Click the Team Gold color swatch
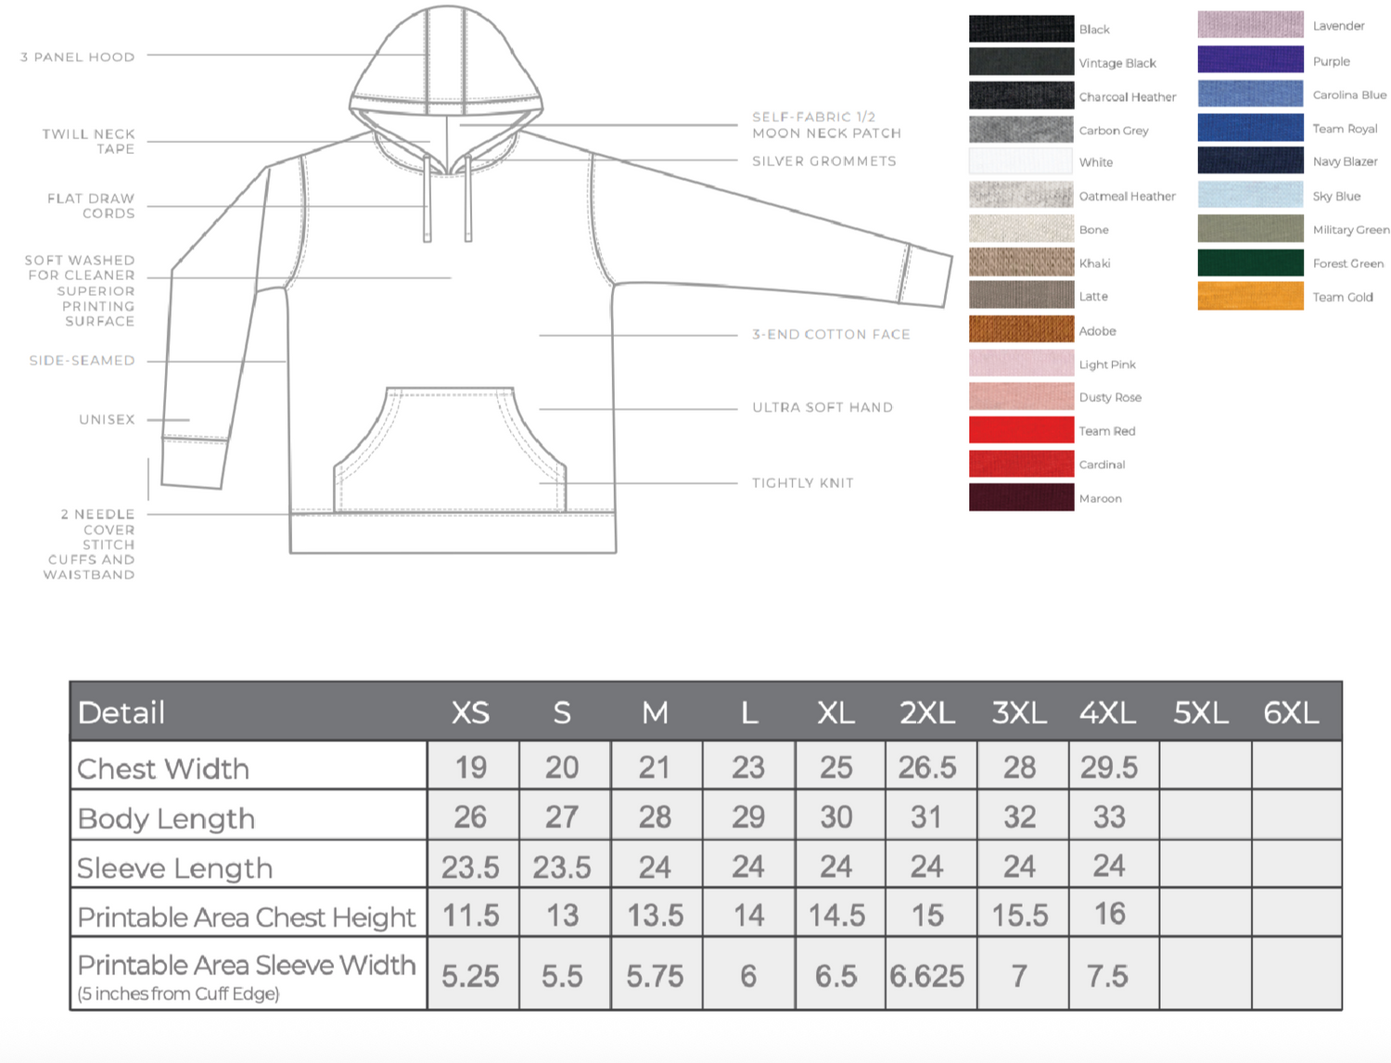(1250, 296)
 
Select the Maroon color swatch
(1021, 497)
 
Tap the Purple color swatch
(1250, 59)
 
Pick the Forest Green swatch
(1250, 263)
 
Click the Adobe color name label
(1097, 331)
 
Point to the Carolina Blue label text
(1349, 96)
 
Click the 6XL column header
(1291, 713)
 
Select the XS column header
(470, 713)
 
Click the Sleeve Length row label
(175, 868)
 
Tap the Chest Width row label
(163, 769)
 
